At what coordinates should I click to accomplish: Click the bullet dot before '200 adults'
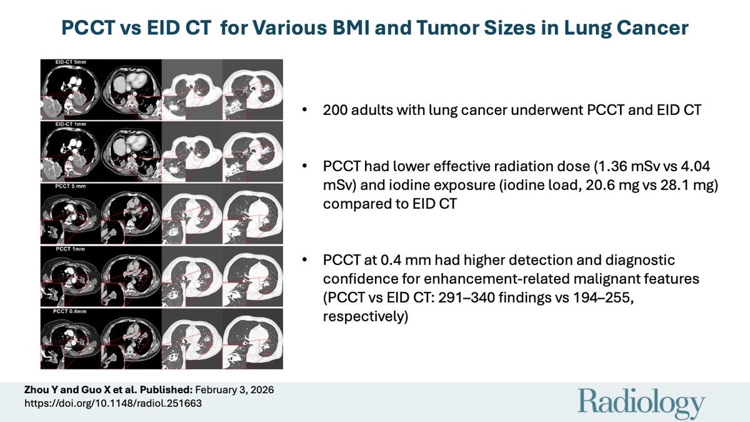304,111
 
